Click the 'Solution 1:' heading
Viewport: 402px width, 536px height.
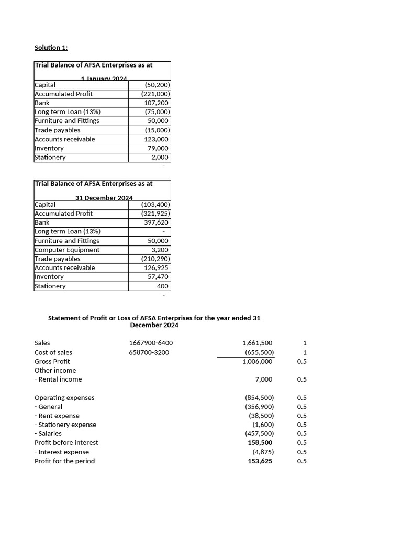click(x=51, y=48)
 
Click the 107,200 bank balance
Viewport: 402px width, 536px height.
click(x=157, y=103)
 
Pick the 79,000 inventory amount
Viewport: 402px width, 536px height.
click(x=159, y=148)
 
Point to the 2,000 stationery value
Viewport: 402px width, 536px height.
click(x=160, y=157)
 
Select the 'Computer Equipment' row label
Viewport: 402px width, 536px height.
click(x=67, y=250)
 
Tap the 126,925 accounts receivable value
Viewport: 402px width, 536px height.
click(x=157, y=267)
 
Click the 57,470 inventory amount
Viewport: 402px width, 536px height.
click(x=158, y=276)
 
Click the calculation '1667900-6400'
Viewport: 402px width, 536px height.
click(x=151, y=343)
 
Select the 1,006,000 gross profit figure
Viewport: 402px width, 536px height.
click(x=258, y=361)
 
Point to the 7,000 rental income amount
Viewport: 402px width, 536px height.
click(x=264, y=379)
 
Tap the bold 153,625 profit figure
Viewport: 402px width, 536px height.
click(x=260, y=461)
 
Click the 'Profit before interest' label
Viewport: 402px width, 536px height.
click(x=66, y=442)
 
